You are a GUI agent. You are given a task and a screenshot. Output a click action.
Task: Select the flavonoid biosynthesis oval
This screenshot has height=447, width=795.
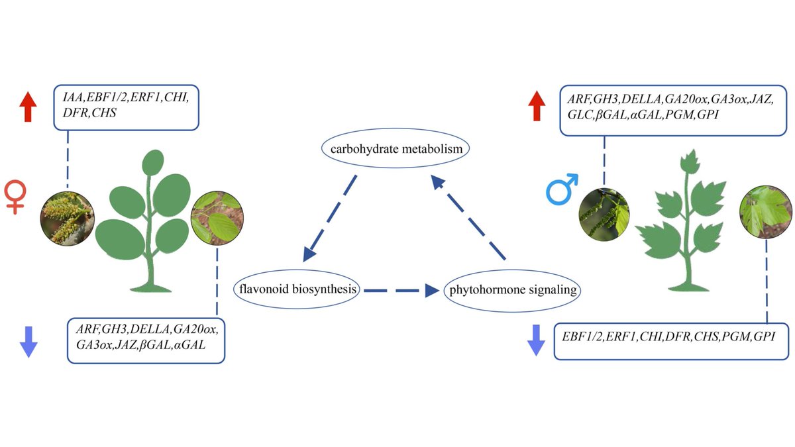click(x=296, y=289)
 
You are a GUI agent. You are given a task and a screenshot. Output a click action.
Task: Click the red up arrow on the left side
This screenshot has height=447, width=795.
click(x=27, y=107)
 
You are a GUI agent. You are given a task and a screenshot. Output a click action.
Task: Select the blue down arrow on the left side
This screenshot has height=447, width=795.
click(x=27, y=341)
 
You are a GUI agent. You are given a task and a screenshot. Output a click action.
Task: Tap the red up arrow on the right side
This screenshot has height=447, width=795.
click(x=535, y=107)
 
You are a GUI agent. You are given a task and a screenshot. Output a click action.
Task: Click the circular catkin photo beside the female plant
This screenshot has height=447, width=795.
click(x=68, y=217)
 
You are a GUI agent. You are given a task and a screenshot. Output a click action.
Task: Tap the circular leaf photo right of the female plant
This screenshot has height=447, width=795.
click(x=217, y=217)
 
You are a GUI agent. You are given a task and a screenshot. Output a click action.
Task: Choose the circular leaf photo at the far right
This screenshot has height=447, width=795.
click(x=766, y=212)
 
